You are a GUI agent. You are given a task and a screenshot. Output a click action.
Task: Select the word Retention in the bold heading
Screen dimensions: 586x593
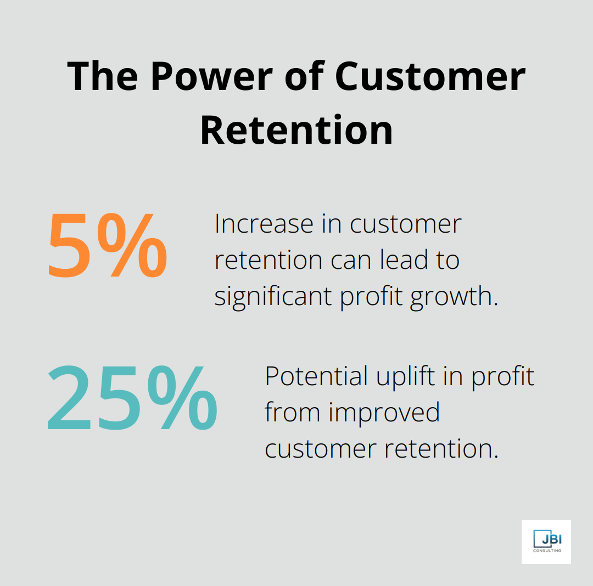296,129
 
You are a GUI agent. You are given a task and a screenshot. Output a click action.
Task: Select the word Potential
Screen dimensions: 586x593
316,376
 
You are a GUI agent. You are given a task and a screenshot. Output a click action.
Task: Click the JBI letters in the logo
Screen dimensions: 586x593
549,538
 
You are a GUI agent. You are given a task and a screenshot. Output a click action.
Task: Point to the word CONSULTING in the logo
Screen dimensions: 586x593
547,551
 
